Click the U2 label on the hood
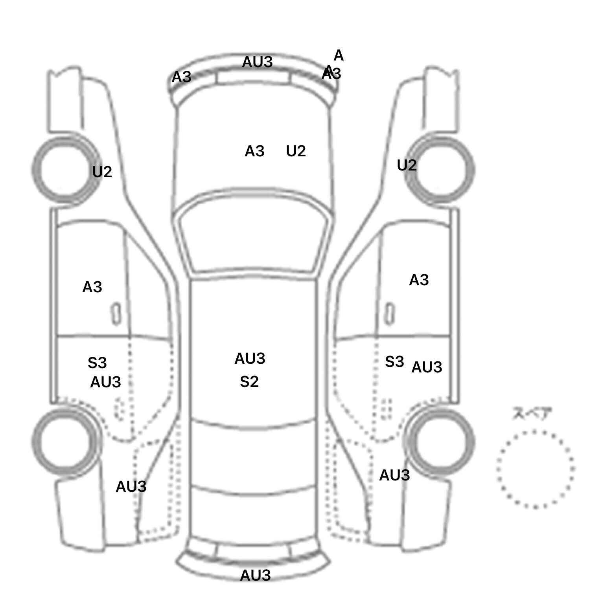click(x=296, y=151)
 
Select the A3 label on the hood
click(x=254, y=151)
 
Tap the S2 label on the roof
click(x=249, y=382)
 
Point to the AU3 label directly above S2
click(x=250, y=359)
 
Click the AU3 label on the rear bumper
click(x=255, y=576)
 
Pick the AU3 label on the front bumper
click(x=257, y=62)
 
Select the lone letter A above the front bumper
click(x=339, y=56)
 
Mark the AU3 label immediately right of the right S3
click(x=427, y=367)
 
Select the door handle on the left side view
click(x=116, y=314)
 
